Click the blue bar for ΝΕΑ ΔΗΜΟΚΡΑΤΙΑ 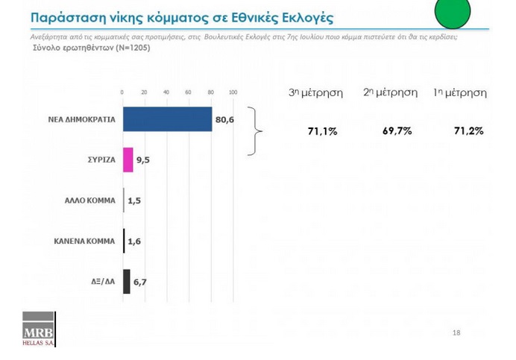click(x=168, y=119)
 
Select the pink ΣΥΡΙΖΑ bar click(x=128, y=160)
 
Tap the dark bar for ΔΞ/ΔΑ click(x=126, y=282)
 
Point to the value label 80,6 click(x=224, y=119)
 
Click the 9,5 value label click(x=143, y=160)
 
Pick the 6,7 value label click(x=140, y=282)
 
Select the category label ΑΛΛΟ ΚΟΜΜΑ click(x=89, y=200)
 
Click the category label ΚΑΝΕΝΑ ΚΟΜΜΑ click(x=84, y=241)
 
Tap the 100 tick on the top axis click(x=233, y=92)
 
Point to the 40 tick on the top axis click(x=166, y=92)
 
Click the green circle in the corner click(x=453, y=12)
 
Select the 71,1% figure click(x=322, y=132)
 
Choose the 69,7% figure click(x=397, y=131)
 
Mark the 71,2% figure click(x=468, y=131)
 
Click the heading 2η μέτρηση click(x=390, y=92)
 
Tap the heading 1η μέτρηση click(x=460, y=93)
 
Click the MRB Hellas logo click(x=39, y=329)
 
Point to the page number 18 click(x=456, y=332)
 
